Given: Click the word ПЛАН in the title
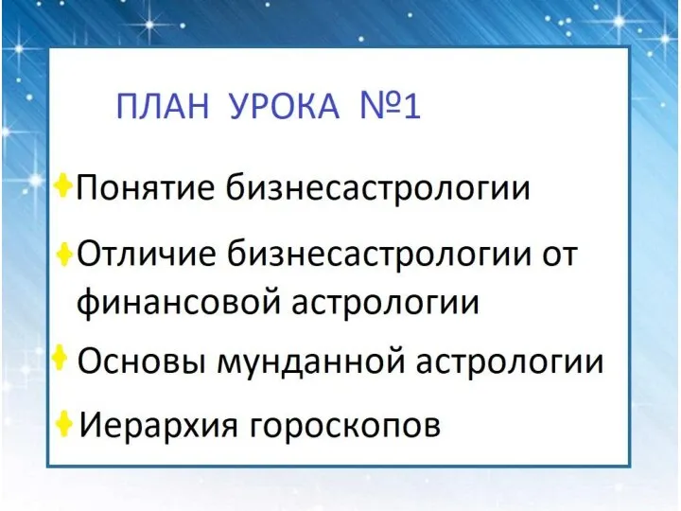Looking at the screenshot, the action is (164, 106).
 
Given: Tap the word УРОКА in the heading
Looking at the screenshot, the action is (284, 106).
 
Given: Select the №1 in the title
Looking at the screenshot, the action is (391, 106).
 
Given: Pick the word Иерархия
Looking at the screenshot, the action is (158, 425).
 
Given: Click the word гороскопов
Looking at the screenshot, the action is (346, 426).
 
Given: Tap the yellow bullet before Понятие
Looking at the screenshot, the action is (63, 186).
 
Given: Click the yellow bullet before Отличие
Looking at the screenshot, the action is (64, 254).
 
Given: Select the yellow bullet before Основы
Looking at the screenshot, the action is (60, 358).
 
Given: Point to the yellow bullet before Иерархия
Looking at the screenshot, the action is (64, 423).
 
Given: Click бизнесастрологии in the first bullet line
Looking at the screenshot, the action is (377, 187).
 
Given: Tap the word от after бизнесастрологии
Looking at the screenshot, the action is (560, 255).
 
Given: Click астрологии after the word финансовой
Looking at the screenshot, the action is (385, 303).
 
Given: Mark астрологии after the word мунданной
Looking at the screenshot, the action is (510, 361).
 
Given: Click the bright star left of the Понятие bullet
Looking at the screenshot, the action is (36, 179).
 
